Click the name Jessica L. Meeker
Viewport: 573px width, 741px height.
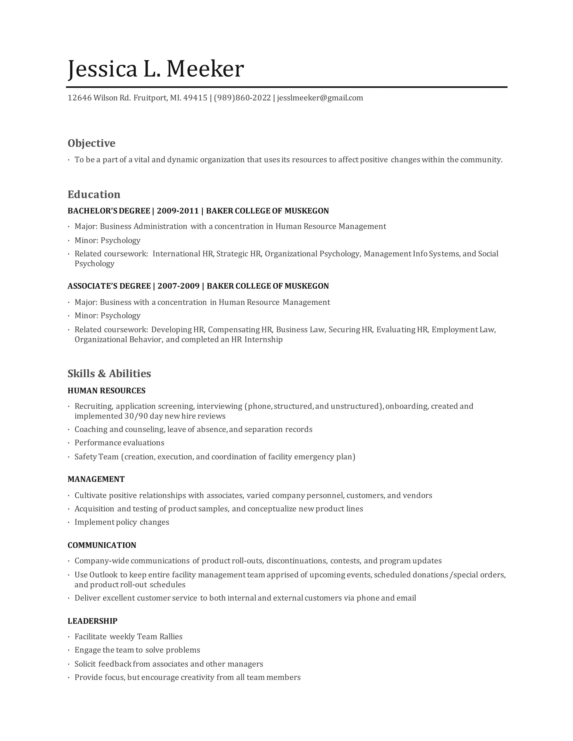point(156,69)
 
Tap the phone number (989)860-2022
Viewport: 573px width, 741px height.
point(242,98)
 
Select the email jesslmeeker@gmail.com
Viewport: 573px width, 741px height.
point(320,98)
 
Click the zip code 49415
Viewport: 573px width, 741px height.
point(195,98)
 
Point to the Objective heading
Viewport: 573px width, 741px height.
point(91,143)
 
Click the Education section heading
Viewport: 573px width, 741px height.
point(94,194)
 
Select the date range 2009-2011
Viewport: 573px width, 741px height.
point(178,211)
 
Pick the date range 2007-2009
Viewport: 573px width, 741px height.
point(179,286)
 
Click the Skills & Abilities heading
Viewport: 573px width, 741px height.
point(109,374)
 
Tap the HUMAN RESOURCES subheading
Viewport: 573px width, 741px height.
point(106,391)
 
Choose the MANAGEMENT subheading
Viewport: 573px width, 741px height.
point(96,479)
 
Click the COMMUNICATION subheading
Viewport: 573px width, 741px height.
point(102,545)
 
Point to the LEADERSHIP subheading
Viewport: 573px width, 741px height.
point(92,621)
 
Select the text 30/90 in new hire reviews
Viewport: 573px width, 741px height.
point(136,416)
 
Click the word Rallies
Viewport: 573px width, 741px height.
point(169,636)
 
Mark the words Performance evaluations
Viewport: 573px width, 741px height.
point(119,443)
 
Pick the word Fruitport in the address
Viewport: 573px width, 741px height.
point(150,98)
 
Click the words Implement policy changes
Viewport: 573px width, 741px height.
point(121,522)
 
